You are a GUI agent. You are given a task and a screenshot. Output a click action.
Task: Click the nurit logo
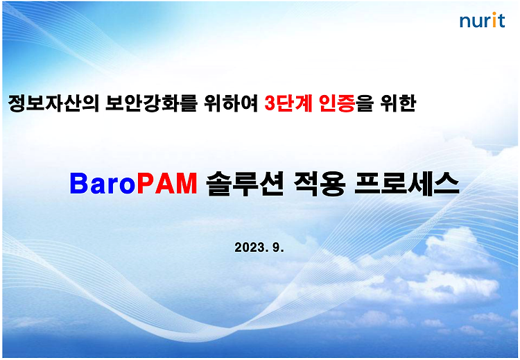pyautogui.click(x=482, y=20)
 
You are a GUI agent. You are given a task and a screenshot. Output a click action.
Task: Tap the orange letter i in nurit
pyautogui.click(x=494, y=20)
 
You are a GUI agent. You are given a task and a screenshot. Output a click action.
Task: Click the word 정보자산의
pyautogui.click(x=53, y=103)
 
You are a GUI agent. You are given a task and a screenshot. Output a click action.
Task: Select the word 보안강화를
pyautogui.click(x=151, y=103)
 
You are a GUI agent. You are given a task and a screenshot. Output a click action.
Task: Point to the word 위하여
pyautogui.click(x=231, y=103)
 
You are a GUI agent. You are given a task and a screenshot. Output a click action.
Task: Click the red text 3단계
pyautogui.click(x=288, y=103)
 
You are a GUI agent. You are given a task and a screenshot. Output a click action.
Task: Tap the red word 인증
pyautogui.click(x=337, y=103)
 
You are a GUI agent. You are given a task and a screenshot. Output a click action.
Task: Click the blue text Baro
pyautogui.click(x=103, y=184)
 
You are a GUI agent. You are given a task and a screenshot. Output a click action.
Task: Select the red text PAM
pyautogui.click(x=167, y=184)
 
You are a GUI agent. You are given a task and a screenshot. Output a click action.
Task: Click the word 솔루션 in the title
pyautogui.click(x=245, y=184)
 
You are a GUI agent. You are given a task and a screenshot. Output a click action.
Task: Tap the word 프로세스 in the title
pyautogui.click(x=407, y=184)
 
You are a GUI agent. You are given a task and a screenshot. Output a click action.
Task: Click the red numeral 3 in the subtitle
pyautogui.click(x=270, y=104)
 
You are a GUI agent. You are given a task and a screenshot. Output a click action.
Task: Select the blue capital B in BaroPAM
pyautogui.click(x=79, y=184)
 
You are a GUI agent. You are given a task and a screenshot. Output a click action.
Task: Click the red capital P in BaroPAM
pyautogui.click(x=146, y=184)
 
